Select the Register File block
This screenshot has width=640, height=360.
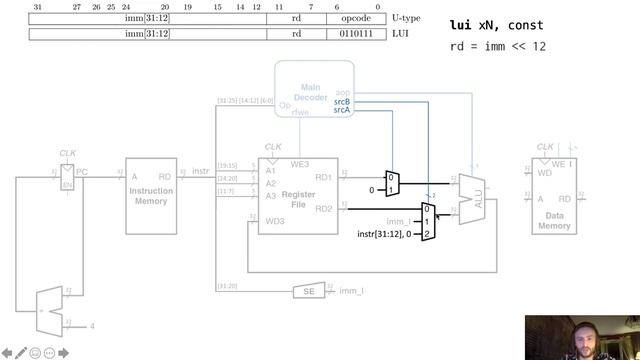[298, 196]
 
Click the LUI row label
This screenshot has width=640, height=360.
[398, 34]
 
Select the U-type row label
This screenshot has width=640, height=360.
[404, 18]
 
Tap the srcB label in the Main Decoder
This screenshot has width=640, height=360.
[342, 101]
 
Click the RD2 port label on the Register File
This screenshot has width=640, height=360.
[324, 209]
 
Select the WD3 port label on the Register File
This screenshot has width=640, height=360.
[274, 221]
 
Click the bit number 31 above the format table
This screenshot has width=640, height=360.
[37, 7]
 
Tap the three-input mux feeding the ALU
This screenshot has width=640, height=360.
[428, 221]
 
